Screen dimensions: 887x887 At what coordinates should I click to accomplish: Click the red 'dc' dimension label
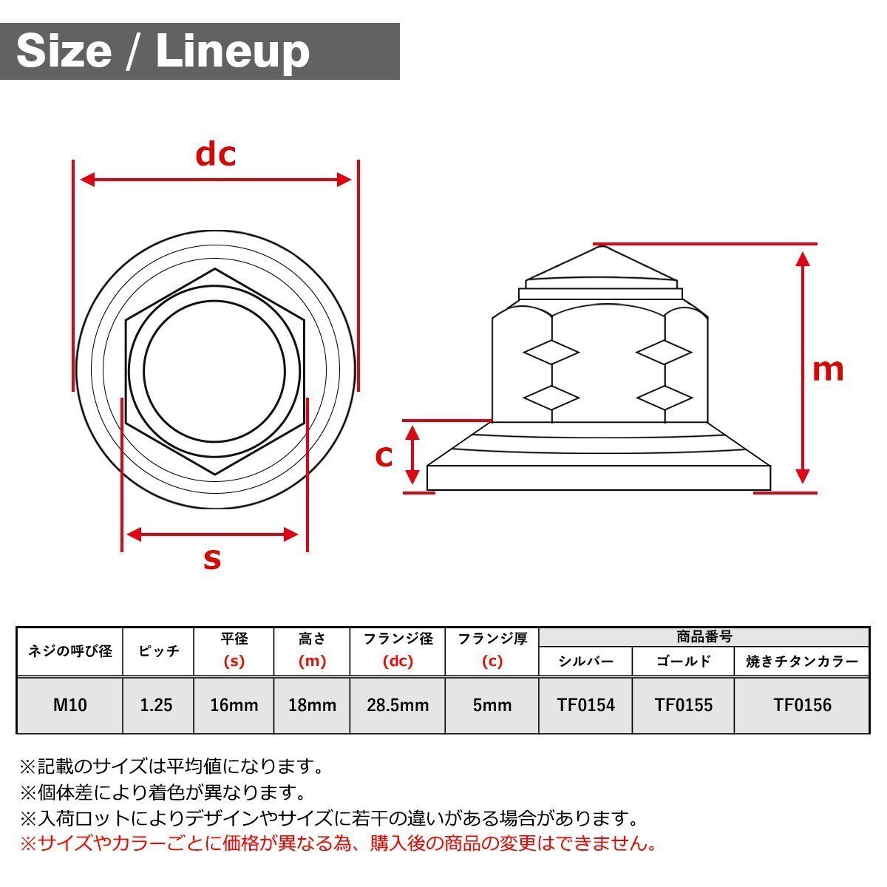(215, 155)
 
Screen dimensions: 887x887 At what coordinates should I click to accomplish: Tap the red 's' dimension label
(212, 559)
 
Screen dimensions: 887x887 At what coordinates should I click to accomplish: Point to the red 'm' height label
(828, 369)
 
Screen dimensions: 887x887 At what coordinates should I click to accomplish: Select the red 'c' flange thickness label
(384, 457)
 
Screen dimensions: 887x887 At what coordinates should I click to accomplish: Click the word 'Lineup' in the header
(233, 52)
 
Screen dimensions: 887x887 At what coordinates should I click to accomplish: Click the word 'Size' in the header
(64, 52)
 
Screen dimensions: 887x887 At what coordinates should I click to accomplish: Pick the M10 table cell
(70, 705)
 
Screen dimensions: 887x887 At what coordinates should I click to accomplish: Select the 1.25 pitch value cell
(157, 705)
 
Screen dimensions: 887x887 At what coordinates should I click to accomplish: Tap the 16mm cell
(234, 705)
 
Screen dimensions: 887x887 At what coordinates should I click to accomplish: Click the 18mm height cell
(312, 705)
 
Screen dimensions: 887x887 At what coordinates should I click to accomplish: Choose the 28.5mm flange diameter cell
(398, 705)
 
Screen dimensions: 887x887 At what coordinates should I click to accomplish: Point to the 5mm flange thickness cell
(492, 705)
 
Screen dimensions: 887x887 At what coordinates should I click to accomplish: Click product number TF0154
(586, 705)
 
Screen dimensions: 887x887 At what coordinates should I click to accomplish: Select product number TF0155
(684, 705)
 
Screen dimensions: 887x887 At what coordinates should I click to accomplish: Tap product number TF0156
(802, 705)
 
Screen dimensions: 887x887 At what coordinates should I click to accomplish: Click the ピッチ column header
(158, 651)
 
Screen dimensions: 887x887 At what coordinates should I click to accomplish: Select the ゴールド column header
(684, 662)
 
